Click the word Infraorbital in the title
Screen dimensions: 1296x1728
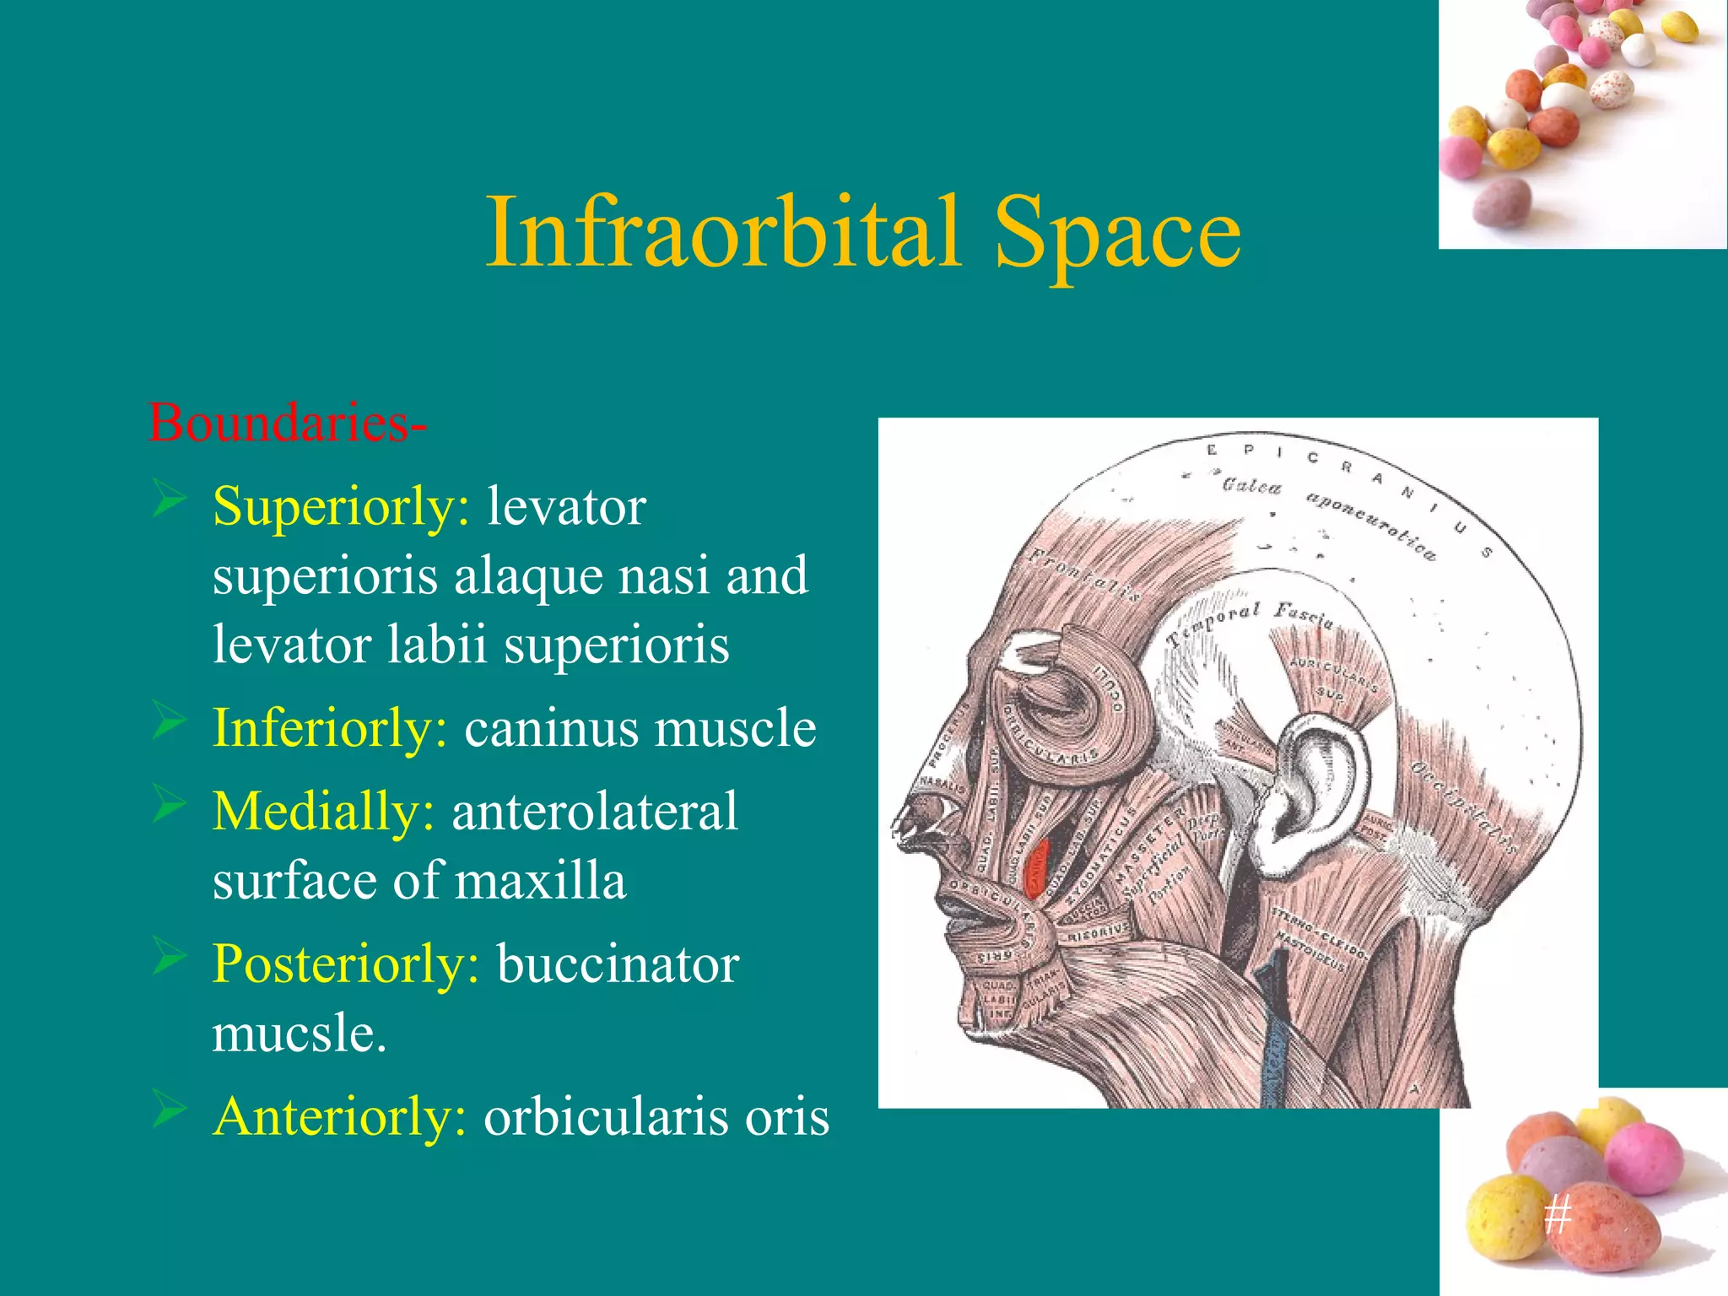point(724,231)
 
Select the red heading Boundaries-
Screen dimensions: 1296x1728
point(287,422)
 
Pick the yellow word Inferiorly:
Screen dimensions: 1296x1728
point(330,727)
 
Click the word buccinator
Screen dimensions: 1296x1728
point(618,964)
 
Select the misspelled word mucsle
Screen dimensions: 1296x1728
point(299,1033)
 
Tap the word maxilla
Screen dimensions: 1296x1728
point(540,881)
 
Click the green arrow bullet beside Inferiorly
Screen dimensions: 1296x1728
point(169,724)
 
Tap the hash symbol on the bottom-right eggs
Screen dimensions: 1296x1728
point(1558,1216)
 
